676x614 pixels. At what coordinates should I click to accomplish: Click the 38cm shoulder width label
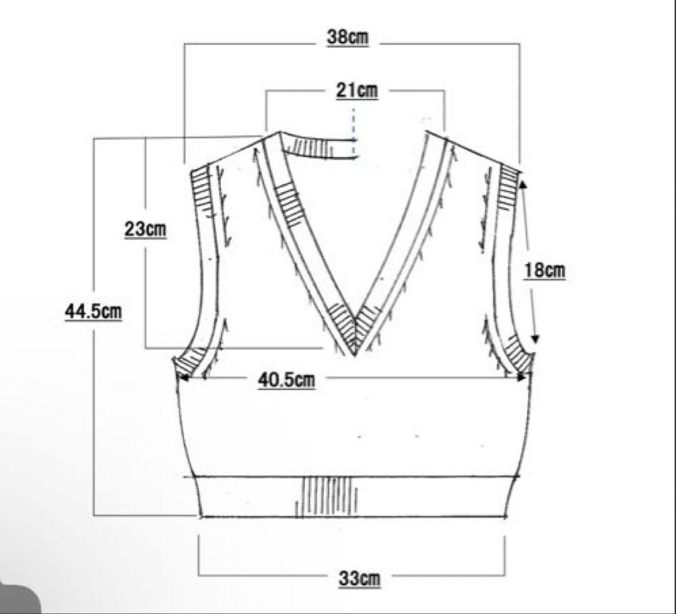pos(348,37)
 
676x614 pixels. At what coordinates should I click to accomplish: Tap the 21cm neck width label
pos(357,91)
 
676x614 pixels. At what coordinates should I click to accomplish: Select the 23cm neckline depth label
pos(145,228)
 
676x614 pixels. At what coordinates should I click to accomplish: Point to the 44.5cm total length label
pos(93,311)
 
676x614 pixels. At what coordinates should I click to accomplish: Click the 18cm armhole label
pos(545,270)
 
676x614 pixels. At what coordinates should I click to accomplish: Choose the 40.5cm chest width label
pos(287,380)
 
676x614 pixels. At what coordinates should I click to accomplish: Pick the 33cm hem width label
pos(359,578)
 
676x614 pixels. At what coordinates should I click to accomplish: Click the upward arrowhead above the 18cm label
pos(523,185)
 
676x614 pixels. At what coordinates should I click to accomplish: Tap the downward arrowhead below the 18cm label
pos(535,338)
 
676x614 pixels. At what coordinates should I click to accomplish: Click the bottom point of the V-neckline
pos(354,356)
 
